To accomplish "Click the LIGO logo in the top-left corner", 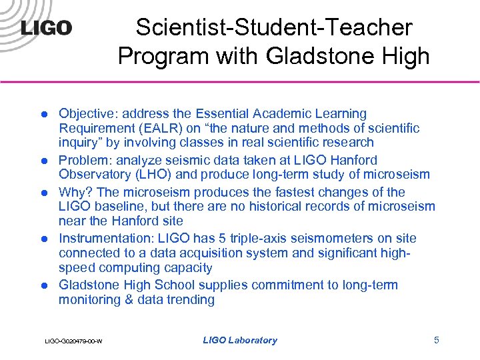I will pyautogui.click(x=46, y=29).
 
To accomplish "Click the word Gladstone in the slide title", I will pyautogui.click(x=314, y=57).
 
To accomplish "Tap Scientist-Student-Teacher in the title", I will pyautogui.click(x=274, y=27).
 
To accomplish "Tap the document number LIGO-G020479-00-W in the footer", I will pyautogui.click(x=73, y=341).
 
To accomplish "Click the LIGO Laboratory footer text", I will pyautogui.click(x=239, y=341).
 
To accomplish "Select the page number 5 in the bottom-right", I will pyautogui.click(x=437, y=340).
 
